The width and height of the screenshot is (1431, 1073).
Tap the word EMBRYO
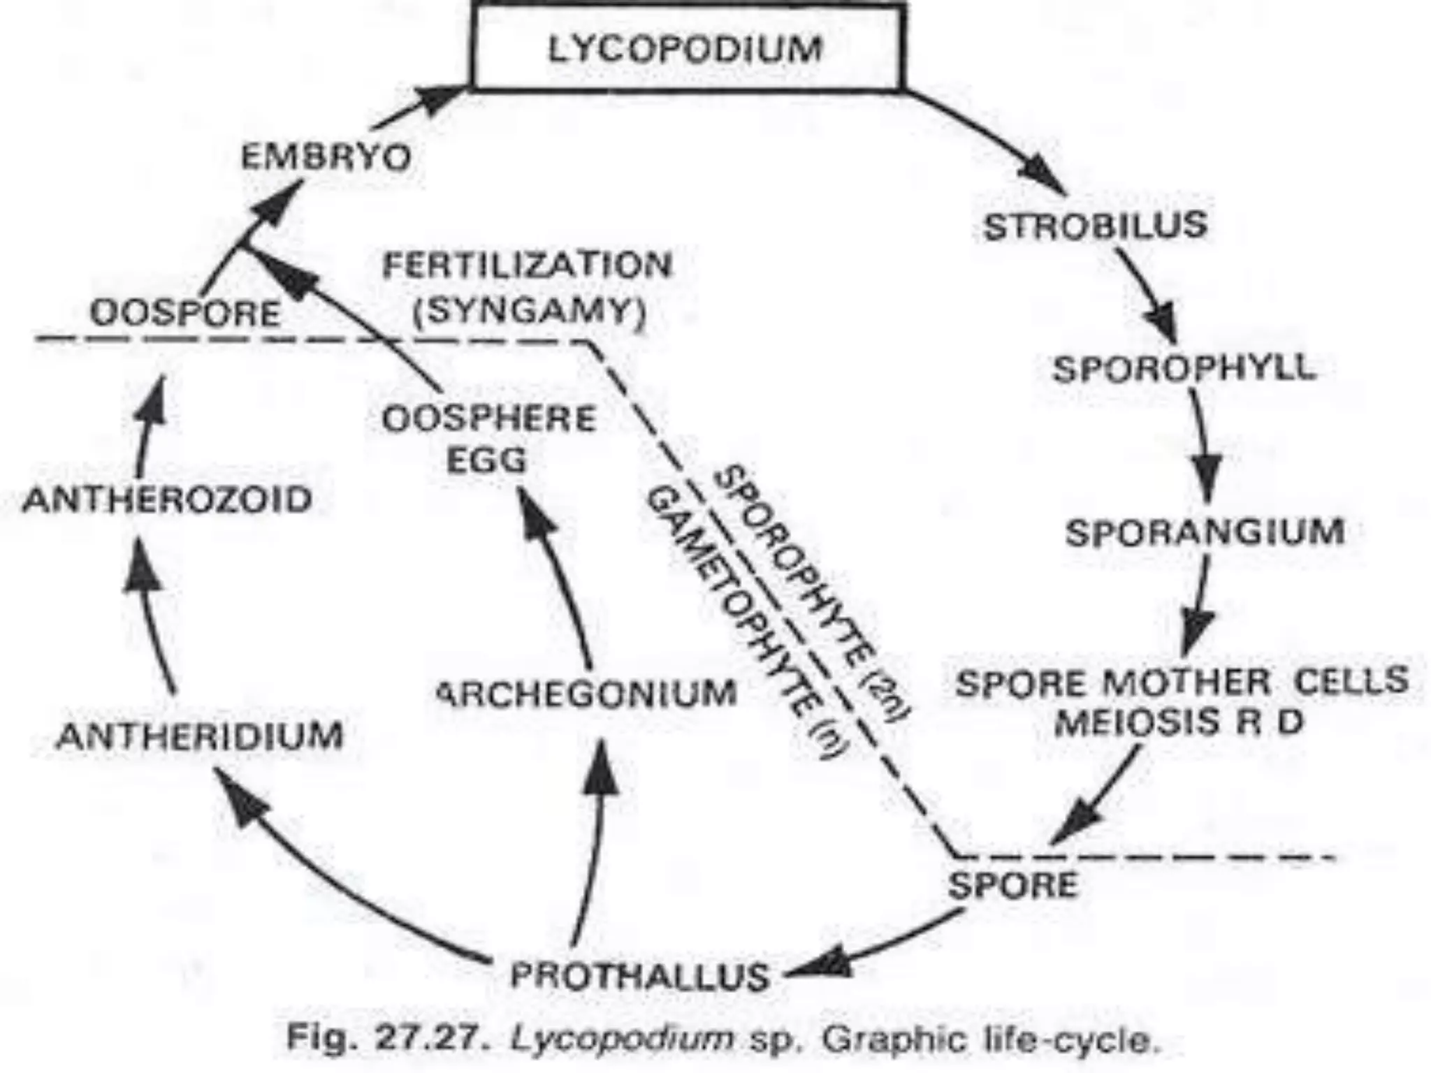click(326, 158)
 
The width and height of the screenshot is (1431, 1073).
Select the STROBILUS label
click(1095, 226)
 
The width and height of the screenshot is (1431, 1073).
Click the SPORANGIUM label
click(1205, 532)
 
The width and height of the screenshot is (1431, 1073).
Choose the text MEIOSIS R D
click(1179, 722)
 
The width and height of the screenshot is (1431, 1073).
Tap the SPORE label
click(1012, 886)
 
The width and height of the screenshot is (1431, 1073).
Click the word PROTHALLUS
click(639, 975)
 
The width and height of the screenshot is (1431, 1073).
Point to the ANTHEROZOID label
click(167, 500)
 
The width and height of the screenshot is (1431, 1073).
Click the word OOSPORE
click(185, 314)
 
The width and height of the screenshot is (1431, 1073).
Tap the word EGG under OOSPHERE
click(486, 460)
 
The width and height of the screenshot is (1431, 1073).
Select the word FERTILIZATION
click(528, 266)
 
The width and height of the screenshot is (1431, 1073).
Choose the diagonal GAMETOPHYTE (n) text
click(748, 622)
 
